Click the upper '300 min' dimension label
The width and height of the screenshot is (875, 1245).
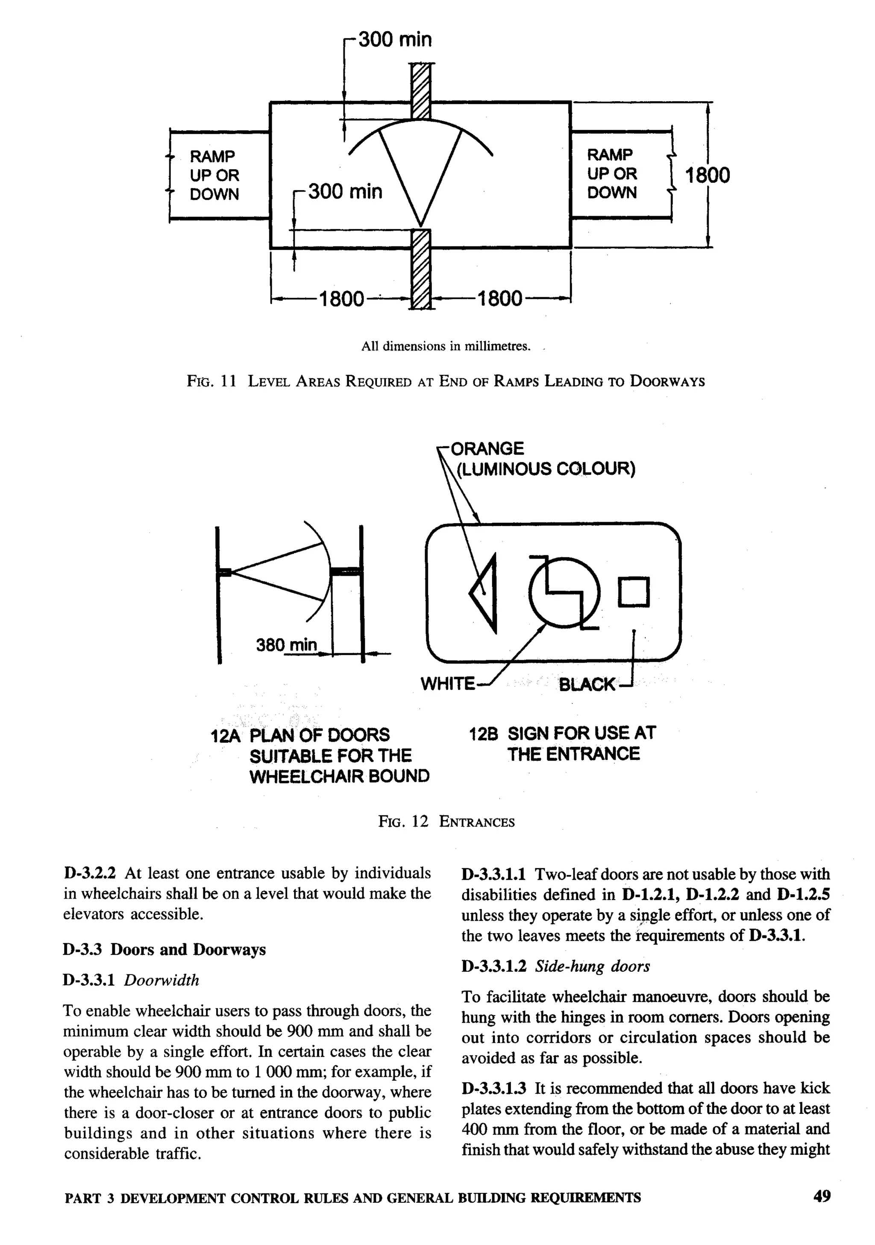click(x=394, y=40)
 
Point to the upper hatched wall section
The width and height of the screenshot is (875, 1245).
click(x=420, y=91)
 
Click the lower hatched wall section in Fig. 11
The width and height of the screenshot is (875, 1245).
click(x=420, y=270)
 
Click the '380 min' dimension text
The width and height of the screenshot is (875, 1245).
click(x=286, y=645)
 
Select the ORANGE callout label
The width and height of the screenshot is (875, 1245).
click(x=487, y=448)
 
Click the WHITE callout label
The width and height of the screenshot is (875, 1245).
click(x=448, y=684)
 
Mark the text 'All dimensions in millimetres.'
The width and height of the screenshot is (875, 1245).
click(x=446, y=346)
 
